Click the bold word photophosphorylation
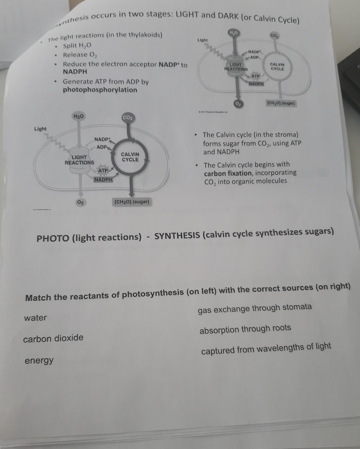tap(100, 90)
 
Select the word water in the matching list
tap(35, 318)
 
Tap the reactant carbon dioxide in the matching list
tap(53, 338)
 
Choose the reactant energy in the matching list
tap(39, 360)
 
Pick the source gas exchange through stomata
tap(254, 308)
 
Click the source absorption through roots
tap(245, 329)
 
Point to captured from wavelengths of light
tap(266, 349)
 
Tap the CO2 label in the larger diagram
tap(128, 118)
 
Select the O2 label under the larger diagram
tap(80, 202)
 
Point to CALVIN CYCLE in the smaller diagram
tap(277, 66)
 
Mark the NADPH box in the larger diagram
tap(103, 179)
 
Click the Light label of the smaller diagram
tap(202, 40)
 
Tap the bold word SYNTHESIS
tap(177, 236)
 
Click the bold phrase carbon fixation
tap(228, 173)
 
